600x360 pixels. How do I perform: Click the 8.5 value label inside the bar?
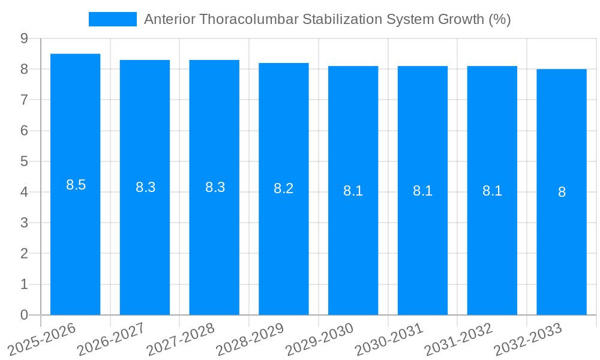point(76,185)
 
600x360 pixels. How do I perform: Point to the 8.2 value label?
point(284,188)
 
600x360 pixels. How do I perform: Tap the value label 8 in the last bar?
point(562,192)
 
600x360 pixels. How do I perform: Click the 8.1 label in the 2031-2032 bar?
point(492,191)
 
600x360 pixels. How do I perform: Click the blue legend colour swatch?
point(112,19)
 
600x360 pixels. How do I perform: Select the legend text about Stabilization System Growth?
point(327,19)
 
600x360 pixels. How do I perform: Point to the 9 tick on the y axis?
point(24,38)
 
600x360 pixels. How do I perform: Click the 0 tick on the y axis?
point(24,315)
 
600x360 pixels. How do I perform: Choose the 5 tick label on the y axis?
point(24,161)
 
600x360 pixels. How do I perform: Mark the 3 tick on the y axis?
point(24,223)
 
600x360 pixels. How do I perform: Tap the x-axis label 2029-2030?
point(320,340)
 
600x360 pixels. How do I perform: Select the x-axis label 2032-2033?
point(528,340)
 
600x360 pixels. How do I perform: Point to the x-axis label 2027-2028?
point(181,340)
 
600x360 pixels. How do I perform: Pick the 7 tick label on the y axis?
point(24,100)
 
